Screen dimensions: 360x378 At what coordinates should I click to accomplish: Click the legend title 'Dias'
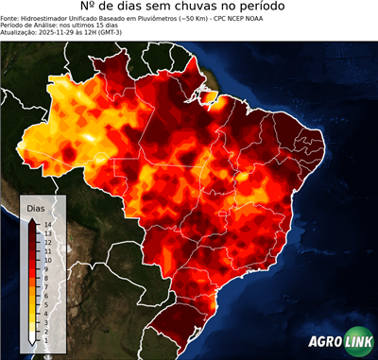click(36, 206)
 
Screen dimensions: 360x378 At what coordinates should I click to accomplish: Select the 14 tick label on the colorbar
click(46, 224)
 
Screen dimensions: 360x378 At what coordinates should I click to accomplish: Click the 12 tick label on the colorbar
click(46, 239)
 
